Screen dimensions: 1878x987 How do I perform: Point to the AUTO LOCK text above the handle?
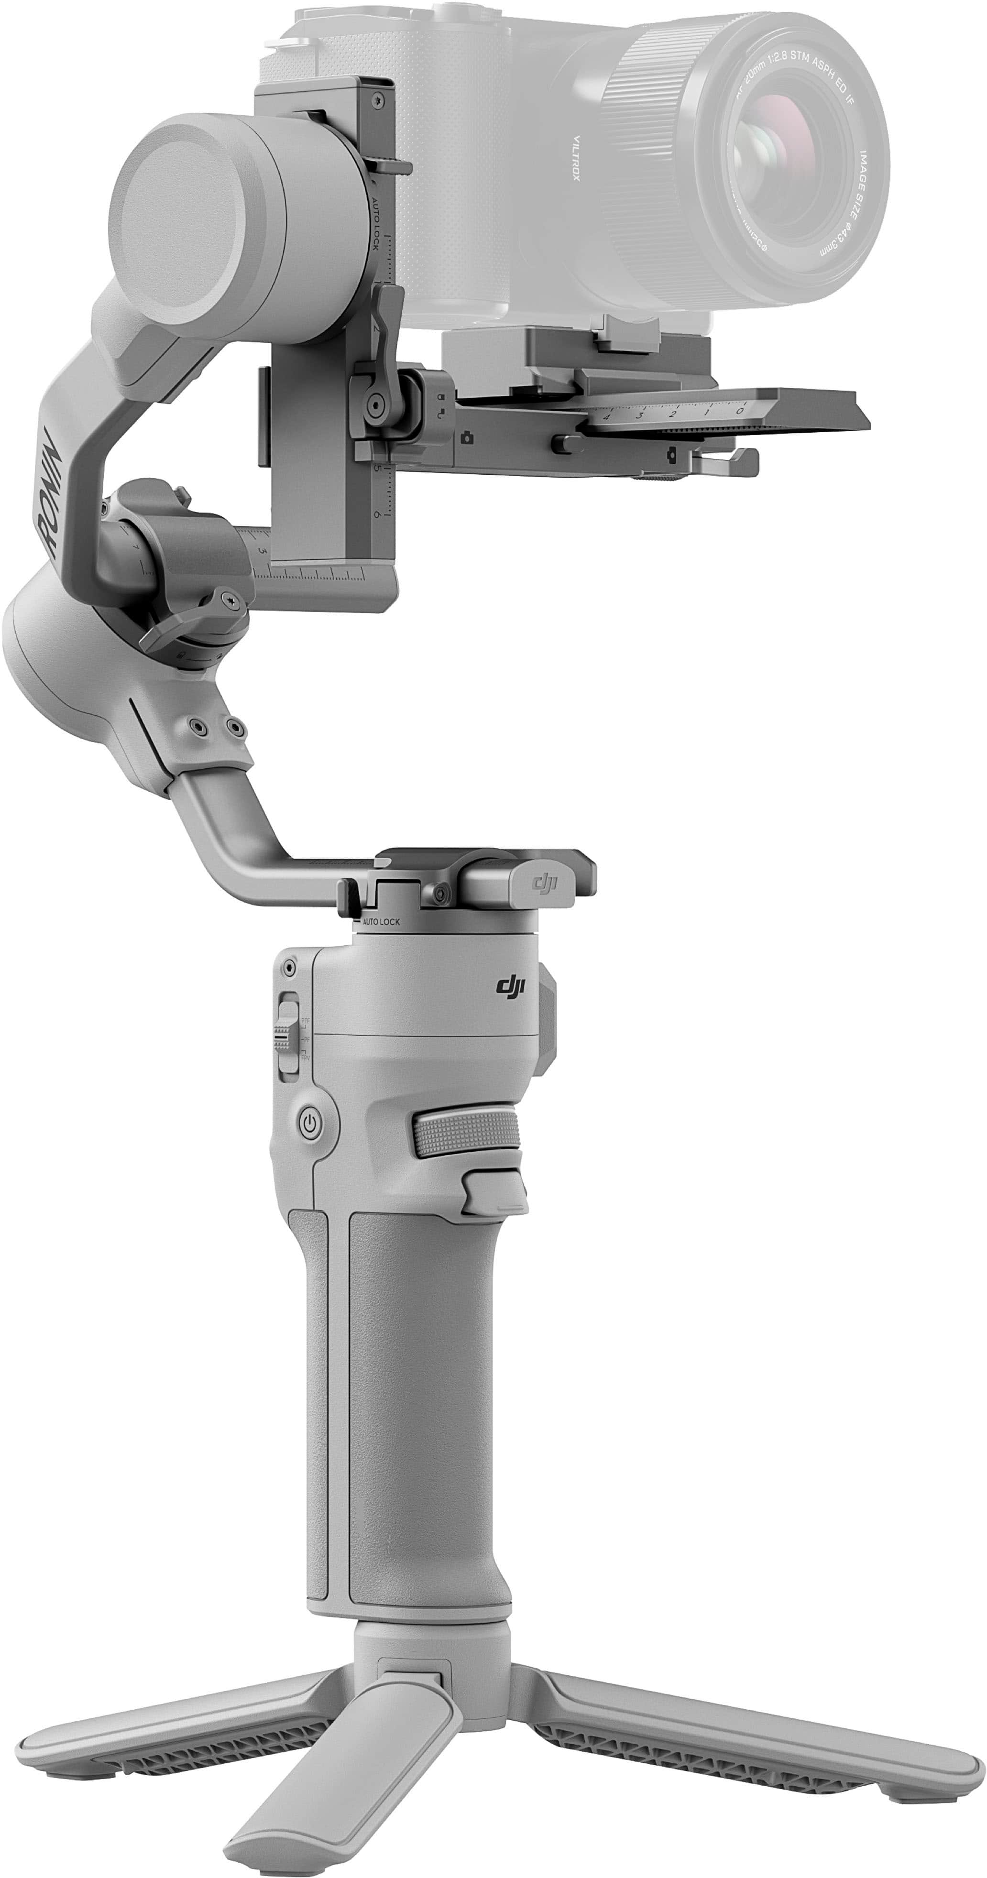[x=381, y=921]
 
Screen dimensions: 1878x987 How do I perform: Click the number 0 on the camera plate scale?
[x=740, y=411]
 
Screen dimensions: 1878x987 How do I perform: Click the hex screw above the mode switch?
[x=289, y=967]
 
